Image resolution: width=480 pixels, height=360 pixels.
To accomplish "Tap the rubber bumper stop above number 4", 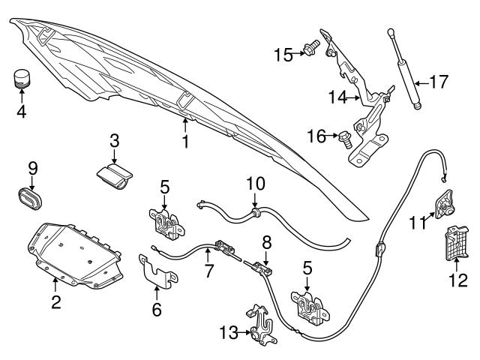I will (21, 78).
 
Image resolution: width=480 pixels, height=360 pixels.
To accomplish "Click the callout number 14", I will (337, 96).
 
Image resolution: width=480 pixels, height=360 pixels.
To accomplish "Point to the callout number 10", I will (255, 182).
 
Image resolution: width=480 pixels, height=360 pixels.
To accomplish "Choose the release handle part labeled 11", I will (443, 202).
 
